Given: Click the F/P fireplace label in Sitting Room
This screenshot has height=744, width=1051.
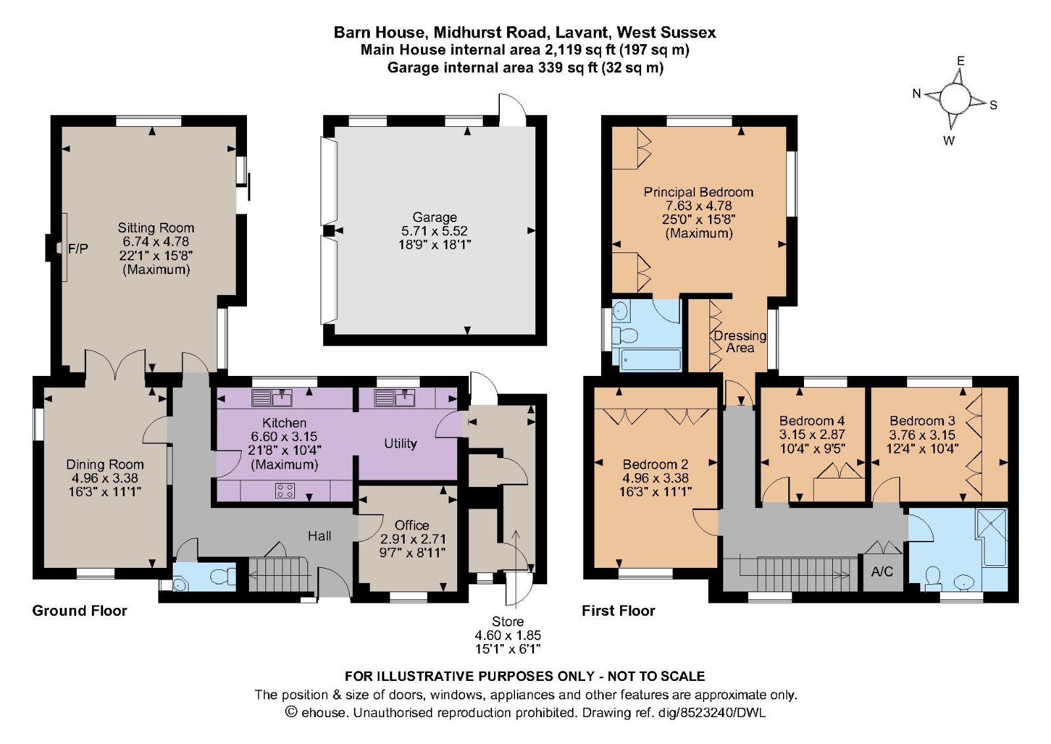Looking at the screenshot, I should coord(78,248).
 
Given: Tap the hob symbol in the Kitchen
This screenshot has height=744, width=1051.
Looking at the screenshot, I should coord(285,490).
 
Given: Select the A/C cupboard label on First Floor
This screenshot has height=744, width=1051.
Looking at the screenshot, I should coord(882,571).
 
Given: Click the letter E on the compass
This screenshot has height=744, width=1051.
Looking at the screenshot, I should coord(960,61).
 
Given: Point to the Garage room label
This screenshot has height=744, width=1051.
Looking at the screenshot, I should coord(435,217).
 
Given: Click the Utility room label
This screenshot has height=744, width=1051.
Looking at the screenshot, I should coord(400,443).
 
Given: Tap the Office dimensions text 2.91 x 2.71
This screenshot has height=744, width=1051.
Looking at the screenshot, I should coord(413,539).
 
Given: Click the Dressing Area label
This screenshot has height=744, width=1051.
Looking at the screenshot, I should coord(740,341).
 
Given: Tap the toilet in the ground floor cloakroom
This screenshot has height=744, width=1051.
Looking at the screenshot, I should coord(223,577).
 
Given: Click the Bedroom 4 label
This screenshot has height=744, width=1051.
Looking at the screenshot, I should coord(812,421).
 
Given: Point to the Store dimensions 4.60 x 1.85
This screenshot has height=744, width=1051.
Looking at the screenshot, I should coord(508,636).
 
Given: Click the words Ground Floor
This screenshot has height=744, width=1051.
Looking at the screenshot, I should coord(79,611).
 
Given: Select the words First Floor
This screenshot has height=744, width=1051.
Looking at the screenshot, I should coord(618,611).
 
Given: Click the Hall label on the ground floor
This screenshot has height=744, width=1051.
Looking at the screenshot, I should coord(319,536).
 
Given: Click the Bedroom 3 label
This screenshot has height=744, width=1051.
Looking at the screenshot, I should coord(922,421).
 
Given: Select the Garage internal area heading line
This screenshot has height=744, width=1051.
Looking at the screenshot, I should coord(525,67).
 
